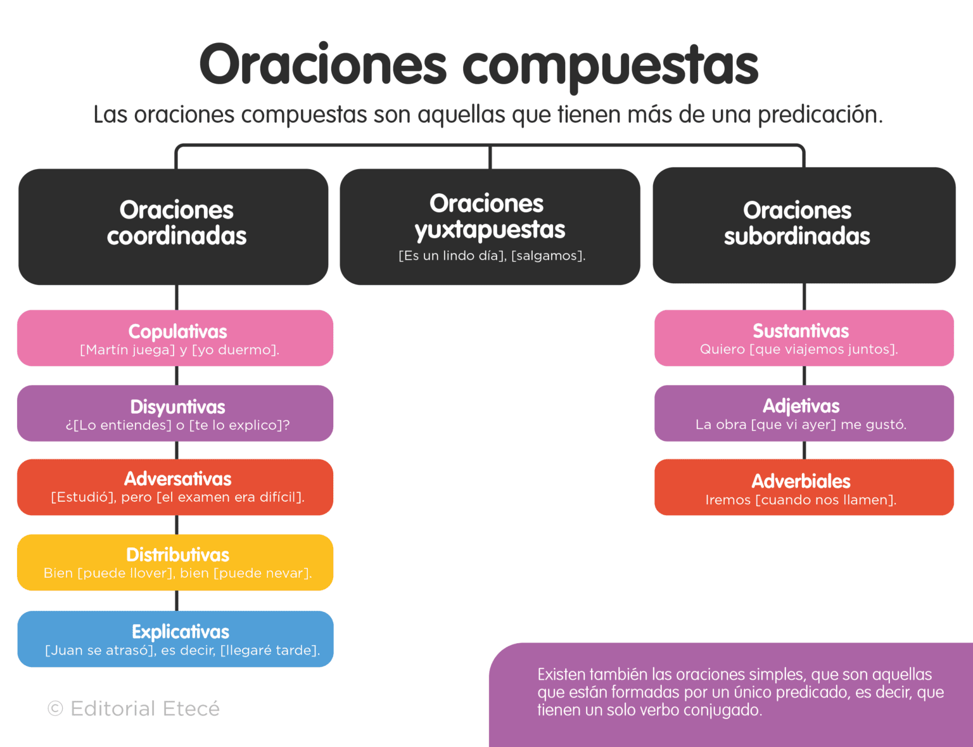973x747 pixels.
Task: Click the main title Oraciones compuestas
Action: coord(479,65)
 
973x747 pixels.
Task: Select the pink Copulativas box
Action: coord(175,338)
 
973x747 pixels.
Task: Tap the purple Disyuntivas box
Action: coord(175,413)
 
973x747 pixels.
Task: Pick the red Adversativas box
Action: coord(175,487)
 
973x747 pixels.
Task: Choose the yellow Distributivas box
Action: coord(175,562)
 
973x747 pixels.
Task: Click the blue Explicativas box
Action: coord(175,639)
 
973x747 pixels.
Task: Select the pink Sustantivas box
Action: coord(804,338)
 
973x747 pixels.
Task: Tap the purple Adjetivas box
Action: coord(804,413)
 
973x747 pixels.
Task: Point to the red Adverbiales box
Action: coord(804,487)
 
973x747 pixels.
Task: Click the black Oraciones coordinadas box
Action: coord(174,226)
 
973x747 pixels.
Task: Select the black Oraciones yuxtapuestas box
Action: coord(490,226)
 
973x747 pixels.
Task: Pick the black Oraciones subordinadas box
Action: coord(804,225)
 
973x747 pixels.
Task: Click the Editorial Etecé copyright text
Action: coord(134,708)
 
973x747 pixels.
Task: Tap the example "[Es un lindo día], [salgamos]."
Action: coord(492,256)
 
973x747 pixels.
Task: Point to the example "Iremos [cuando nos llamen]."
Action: coord(801,500)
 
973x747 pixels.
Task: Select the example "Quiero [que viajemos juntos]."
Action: coord(799,349)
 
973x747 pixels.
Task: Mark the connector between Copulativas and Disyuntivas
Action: coord(177,376)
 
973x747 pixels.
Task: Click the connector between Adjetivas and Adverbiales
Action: coord(804,450)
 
